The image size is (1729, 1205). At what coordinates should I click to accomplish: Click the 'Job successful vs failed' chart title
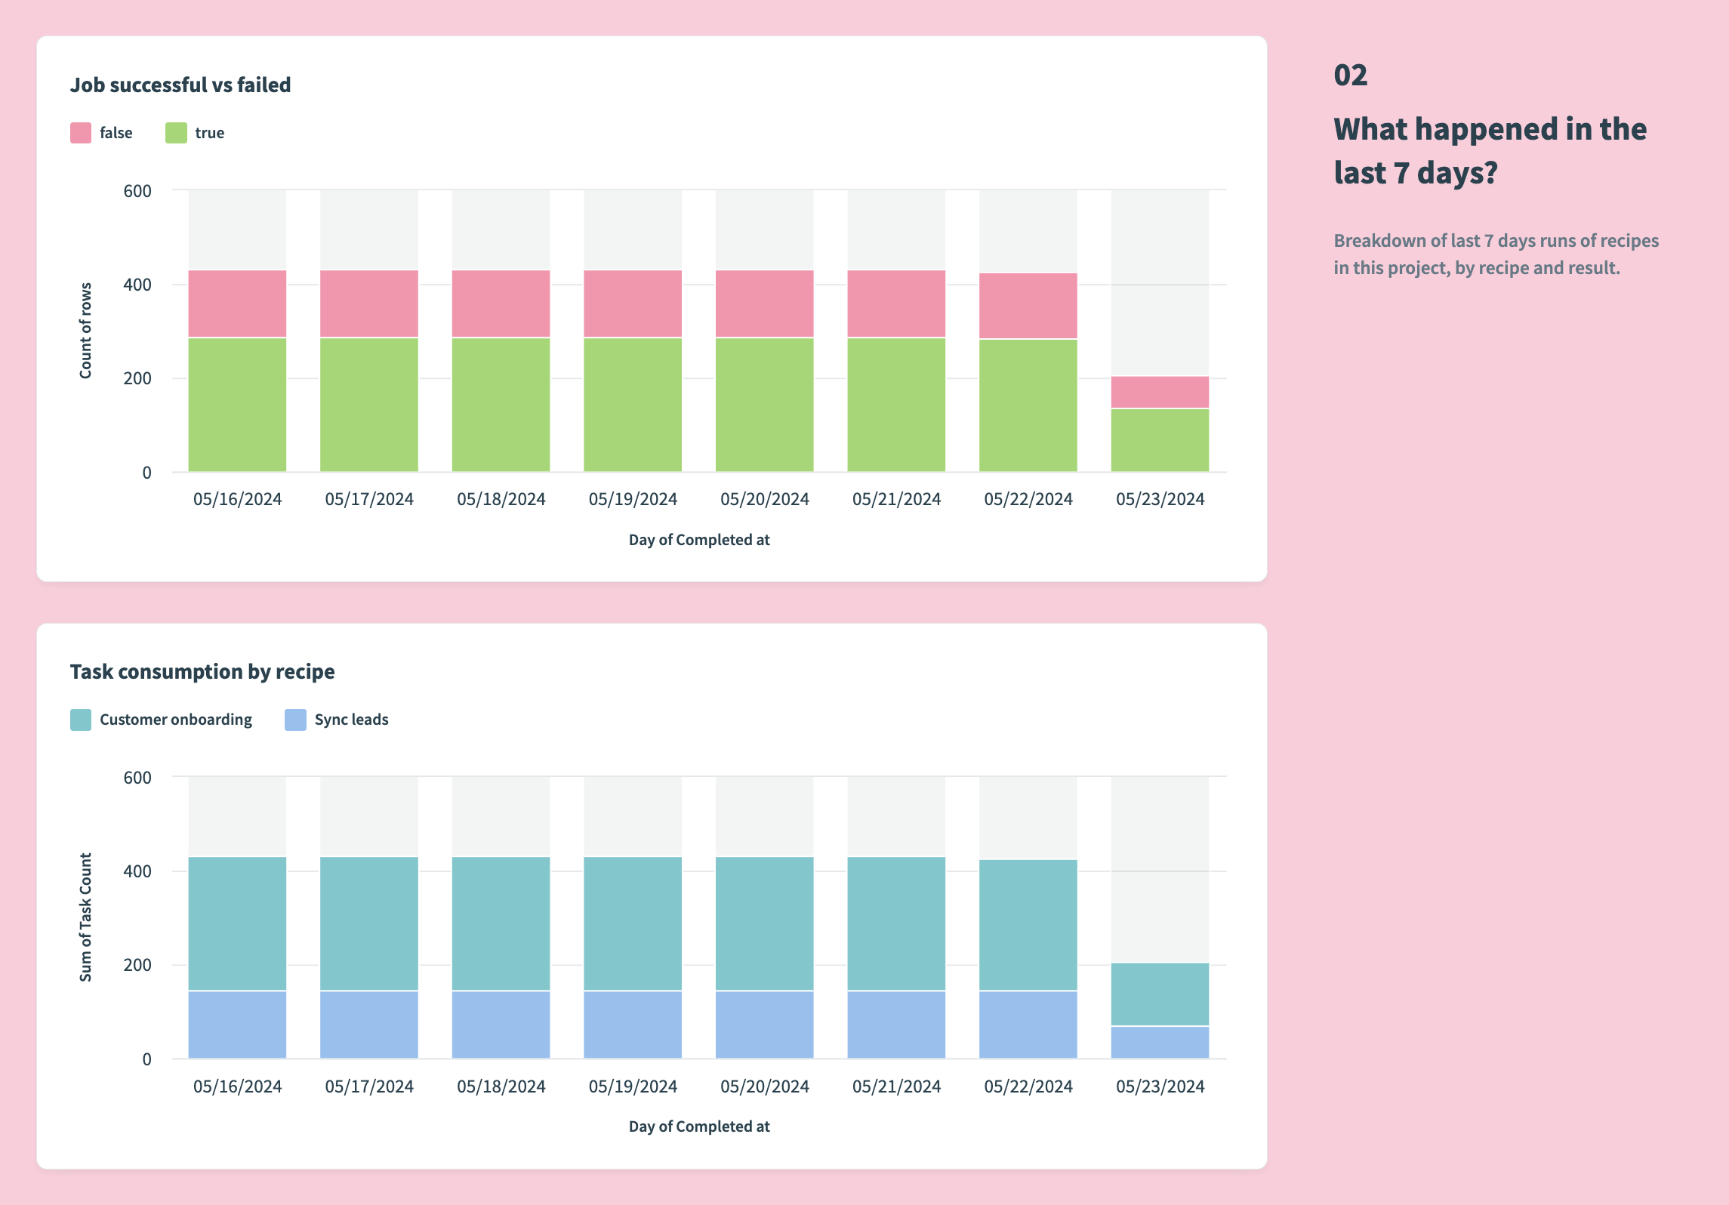(180, 85)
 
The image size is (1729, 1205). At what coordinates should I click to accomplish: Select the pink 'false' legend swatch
(81, 133)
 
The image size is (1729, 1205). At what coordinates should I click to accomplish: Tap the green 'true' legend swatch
(176, 133)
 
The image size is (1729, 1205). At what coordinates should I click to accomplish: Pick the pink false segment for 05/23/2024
(1159, 392)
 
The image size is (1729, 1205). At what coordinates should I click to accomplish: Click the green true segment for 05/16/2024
(237, 404)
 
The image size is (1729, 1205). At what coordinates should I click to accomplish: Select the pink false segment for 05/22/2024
(1028, 305)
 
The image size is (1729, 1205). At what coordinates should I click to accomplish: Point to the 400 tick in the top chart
(137, 285)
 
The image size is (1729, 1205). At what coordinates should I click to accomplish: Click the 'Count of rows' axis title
(85, 331)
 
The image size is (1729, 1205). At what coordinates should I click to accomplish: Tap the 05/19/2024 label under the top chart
(633, 499)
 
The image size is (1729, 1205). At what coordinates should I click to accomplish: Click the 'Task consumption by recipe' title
(202, 672)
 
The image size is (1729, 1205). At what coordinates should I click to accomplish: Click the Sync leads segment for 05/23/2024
(1159, 1042)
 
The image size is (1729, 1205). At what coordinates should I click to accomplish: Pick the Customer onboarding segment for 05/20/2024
(764, 923)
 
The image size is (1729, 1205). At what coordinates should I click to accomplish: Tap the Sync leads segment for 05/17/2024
(368, 1024)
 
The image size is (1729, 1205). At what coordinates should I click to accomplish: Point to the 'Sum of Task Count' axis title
(85, 917)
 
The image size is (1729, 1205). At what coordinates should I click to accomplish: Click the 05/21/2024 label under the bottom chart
(896, 1086)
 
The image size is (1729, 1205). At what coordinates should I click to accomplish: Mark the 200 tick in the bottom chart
(137, 965)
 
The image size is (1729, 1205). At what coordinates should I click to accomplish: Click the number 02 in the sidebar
(1350, 76)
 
